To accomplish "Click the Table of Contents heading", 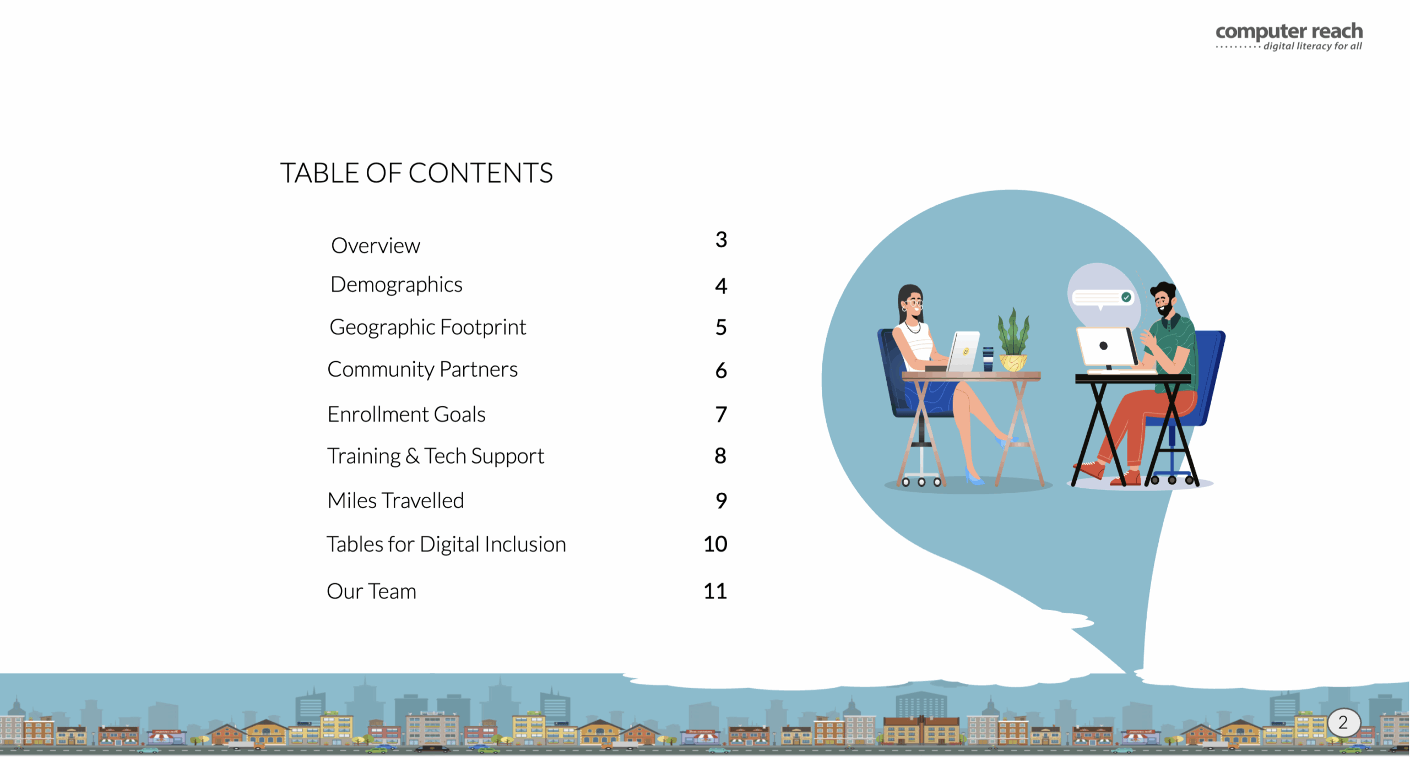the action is coord(416,173).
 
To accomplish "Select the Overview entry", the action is coord(376,246).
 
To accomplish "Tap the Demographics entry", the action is coord(397,285).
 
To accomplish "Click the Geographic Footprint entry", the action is coord(428,328).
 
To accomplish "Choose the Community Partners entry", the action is coord(422,369).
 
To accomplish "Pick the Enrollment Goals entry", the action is coord(406,414).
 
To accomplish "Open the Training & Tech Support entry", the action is coord(436,456).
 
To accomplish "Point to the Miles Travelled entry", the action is coord(395,500).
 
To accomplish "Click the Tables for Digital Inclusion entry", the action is coord(446,544).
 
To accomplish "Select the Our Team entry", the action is coord(372,591).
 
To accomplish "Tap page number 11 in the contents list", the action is coord(715,591).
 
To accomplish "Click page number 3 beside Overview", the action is coord(721,239).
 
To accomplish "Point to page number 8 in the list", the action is coord(720,456).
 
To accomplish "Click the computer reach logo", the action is coord(1289,37).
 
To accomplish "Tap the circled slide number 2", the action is coord(1344,722).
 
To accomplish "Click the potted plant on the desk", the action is coord(1013,340).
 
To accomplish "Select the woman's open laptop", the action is coord(963,351).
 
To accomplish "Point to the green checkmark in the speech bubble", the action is coord(1126,297).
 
